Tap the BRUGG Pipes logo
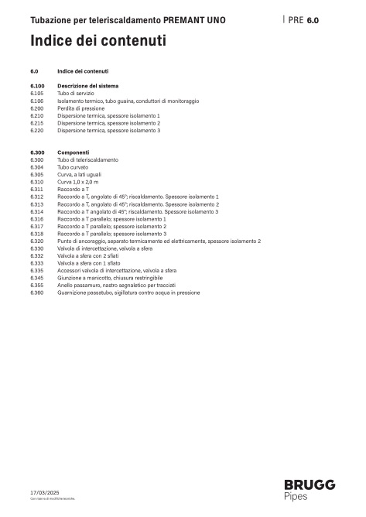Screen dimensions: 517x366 point(309,490)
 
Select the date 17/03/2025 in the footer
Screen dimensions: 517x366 point(43,491)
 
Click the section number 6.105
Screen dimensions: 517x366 point(37,92)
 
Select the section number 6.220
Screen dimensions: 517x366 point(37,130)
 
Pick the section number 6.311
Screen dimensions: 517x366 point(37,189)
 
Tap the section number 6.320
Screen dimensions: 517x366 point(37,241)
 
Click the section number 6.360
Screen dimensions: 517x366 point(37,293)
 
